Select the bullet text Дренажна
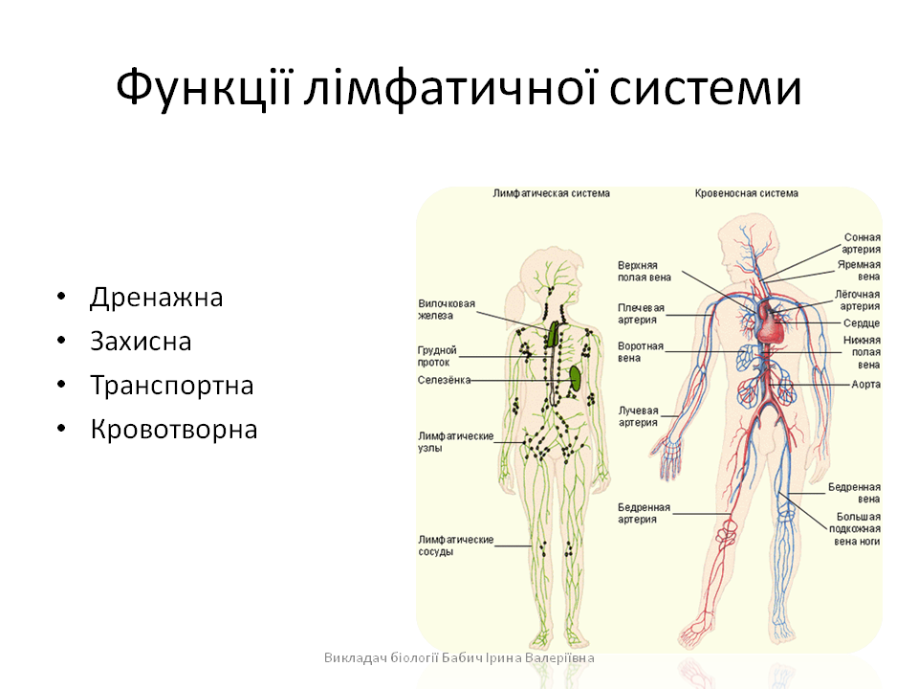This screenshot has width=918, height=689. coord(157,298)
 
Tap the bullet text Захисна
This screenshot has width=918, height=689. coord(141,342)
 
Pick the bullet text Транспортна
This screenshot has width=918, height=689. coord(172,386)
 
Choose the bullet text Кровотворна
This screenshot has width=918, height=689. coord(174,430)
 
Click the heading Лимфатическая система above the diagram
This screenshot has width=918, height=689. coord(551,193)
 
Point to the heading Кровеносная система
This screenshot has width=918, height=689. coord(746,193)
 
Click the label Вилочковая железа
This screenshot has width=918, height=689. coord(447,309)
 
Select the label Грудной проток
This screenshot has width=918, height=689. coord(437,356)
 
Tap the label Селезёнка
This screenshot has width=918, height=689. coord(444,380)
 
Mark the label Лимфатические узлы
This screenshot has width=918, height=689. coord(455,441)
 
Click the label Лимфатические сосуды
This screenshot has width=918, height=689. coord(455,545)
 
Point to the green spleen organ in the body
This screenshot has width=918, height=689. coord(576,376)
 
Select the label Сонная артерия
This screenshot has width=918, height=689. coord(862,243)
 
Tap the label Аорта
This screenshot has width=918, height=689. coord(865,384)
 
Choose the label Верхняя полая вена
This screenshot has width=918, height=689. coord(644,271)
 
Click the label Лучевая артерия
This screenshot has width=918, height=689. coord(638,415)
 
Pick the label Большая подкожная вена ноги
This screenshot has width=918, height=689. coord(855,528)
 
